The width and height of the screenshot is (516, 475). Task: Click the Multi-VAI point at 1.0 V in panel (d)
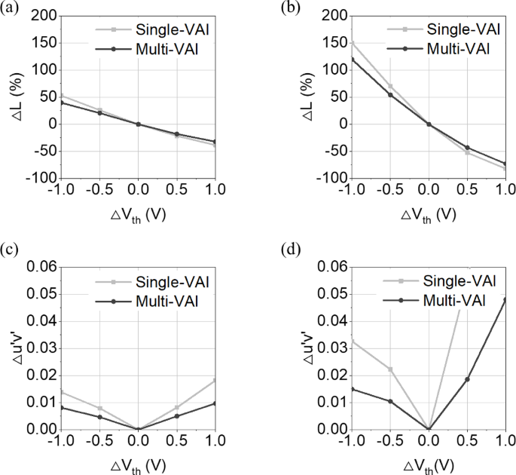coord(504,299)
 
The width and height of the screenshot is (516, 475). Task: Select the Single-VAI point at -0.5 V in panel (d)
coord(390,369)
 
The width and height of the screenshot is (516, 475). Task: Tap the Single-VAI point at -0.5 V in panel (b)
coord(390,86)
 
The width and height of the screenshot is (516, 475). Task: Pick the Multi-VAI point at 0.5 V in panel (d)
coord(467,379)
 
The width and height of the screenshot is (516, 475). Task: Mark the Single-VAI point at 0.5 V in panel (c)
coord(176,407)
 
